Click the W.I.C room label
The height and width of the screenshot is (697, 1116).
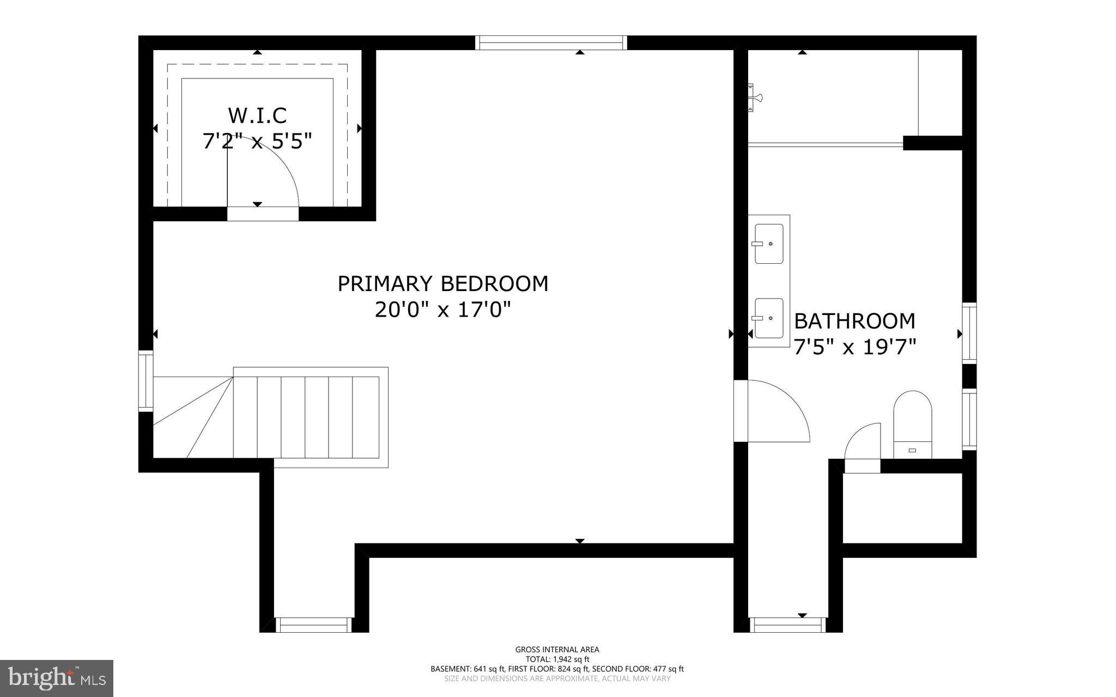(x=257, y=116)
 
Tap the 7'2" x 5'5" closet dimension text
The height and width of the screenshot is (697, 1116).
(x=257, y=142)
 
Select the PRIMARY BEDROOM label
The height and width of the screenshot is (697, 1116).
(x=442, y=284)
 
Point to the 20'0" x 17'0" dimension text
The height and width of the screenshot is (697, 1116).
(x=442, y=310)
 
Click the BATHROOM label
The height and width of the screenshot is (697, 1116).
(x=854, y=321)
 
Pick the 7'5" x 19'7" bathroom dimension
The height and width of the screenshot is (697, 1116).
(x=854, y=347)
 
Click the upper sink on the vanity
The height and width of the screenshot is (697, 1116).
(x=769, y=244)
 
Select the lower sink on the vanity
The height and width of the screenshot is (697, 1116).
(x=769, y=318)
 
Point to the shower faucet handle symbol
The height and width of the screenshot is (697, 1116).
(x=755, y=98)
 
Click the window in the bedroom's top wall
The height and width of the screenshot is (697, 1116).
(x=551, y=43)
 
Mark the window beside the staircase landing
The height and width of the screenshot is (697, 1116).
(x=145, y=380)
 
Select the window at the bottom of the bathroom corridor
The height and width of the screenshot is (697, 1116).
(x=787, y=625)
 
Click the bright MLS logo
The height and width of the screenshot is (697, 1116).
(x=57, y=678)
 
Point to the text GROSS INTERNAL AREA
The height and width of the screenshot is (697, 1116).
(x=557, y=650)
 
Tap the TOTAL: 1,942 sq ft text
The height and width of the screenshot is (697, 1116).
(x=557, y=659)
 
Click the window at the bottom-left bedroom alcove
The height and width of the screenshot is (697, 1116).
(x=313, y=625)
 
